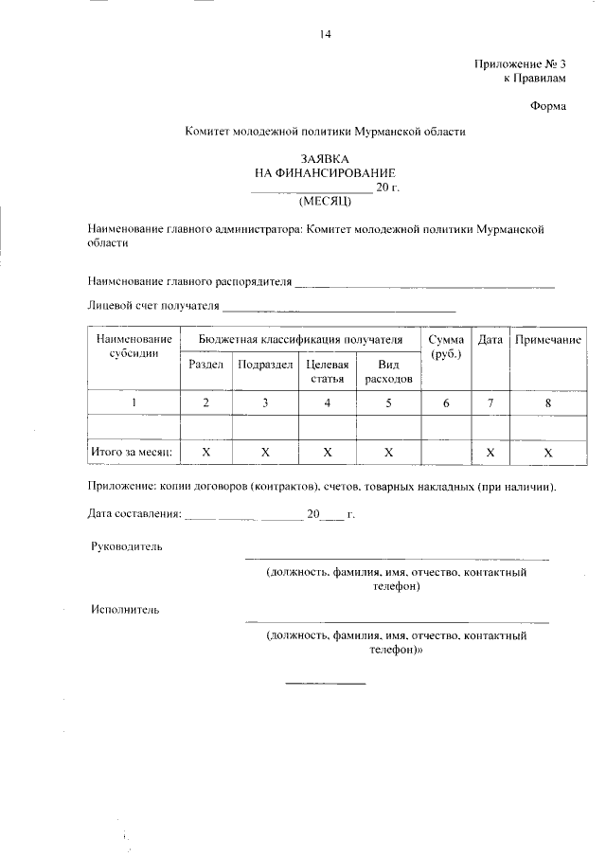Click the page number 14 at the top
point(325,35)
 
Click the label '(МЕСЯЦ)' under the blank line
point(325,201)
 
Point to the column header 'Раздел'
point(205,365)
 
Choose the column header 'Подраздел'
point(265,365)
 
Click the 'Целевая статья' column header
point(327,371)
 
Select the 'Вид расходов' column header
point(388,371)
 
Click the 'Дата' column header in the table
point(490,339)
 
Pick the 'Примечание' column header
point(547,339)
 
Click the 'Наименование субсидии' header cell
point(134,346)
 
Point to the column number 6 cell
point(446,403)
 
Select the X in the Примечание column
point(547,454)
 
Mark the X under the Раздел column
point(205,453)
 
